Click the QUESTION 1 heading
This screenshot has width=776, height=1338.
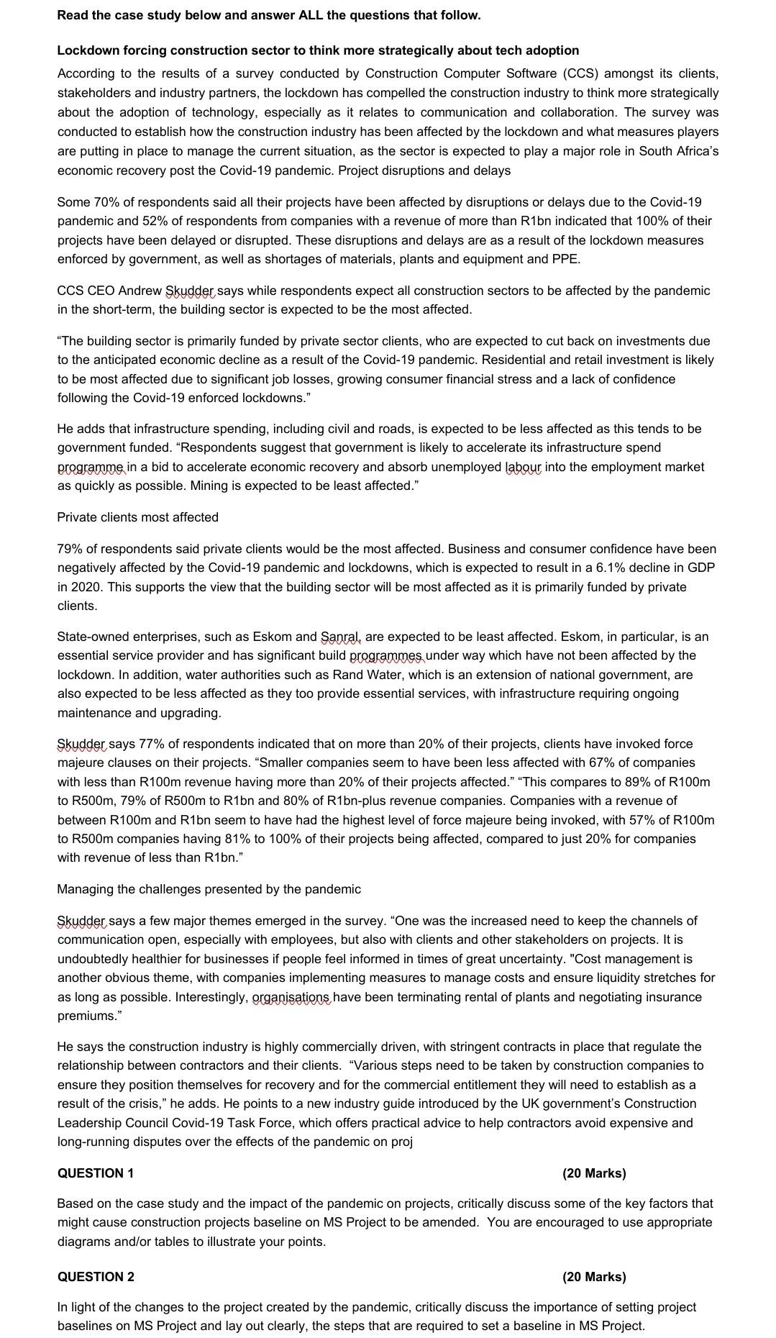click(96, 1173)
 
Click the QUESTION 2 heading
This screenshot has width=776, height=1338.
click(96, 1277)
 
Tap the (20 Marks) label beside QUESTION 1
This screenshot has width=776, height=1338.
click(594, 1173)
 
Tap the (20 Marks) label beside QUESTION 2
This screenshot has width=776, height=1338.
click(594, 1277)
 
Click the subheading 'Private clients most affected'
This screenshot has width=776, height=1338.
click(137, 517)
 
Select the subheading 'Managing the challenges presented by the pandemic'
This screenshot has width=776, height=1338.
click(209, 889)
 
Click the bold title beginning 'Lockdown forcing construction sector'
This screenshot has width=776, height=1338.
click(318, 50)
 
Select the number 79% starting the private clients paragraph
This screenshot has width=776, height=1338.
click(69, 549)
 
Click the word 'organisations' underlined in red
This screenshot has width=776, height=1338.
click(291, 997)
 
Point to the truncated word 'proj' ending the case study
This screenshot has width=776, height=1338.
click(401, 1142)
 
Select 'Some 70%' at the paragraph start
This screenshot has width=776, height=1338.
click(83, 202)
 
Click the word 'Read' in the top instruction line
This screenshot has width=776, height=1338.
click(72, 15)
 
